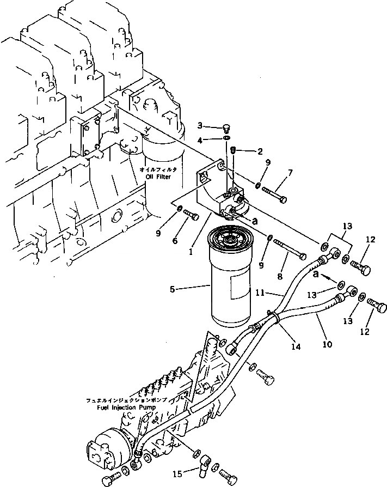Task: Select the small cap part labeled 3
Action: click(x=226, y=129)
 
